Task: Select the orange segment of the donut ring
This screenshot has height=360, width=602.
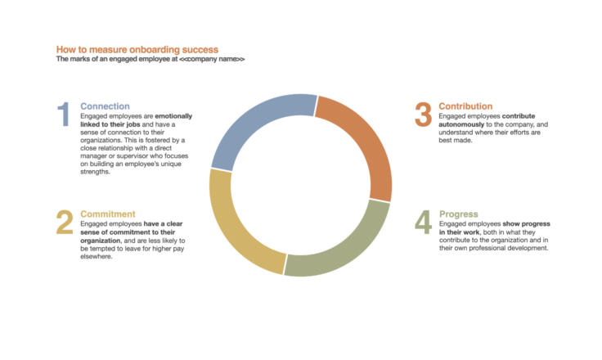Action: (x=363, y=138)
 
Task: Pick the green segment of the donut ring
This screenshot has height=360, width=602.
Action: (x=345, y=250)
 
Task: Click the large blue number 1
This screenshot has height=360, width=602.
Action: (x=64, y=114)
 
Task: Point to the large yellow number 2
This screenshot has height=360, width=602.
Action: (x=65, y=222)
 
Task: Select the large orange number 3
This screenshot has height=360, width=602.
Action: (x=423, y=114)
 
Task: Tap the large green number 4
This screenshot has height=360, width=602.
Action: (x=423, y=222)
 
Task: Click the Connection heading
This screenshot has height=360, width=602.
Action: (x=105, y=106)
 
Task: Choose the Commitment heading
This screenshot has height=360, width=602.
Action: (x=107, y=214)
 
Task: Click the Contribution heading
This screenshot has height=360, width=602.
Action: (x=465, y=106)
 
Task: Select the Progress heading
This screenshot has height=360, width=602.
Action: (x=458, y=214)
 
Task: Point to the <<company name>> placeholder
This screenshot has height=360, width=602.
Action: (x=212, y=59)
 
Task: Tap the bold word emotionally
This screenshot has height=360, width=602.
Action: (x=173, y=116)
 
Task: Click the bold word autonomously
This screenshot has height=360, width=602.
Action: (x=461, y=124)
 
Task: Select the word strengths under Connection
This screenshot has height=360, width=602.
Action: (x=95, y=172)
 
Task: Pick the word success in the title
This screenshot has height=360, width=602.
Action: (x=200, y=50)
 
